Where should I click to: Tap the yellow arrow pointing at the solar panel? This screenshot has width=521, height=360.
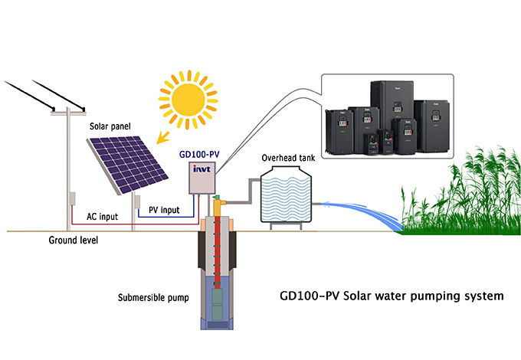[163, 135]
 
